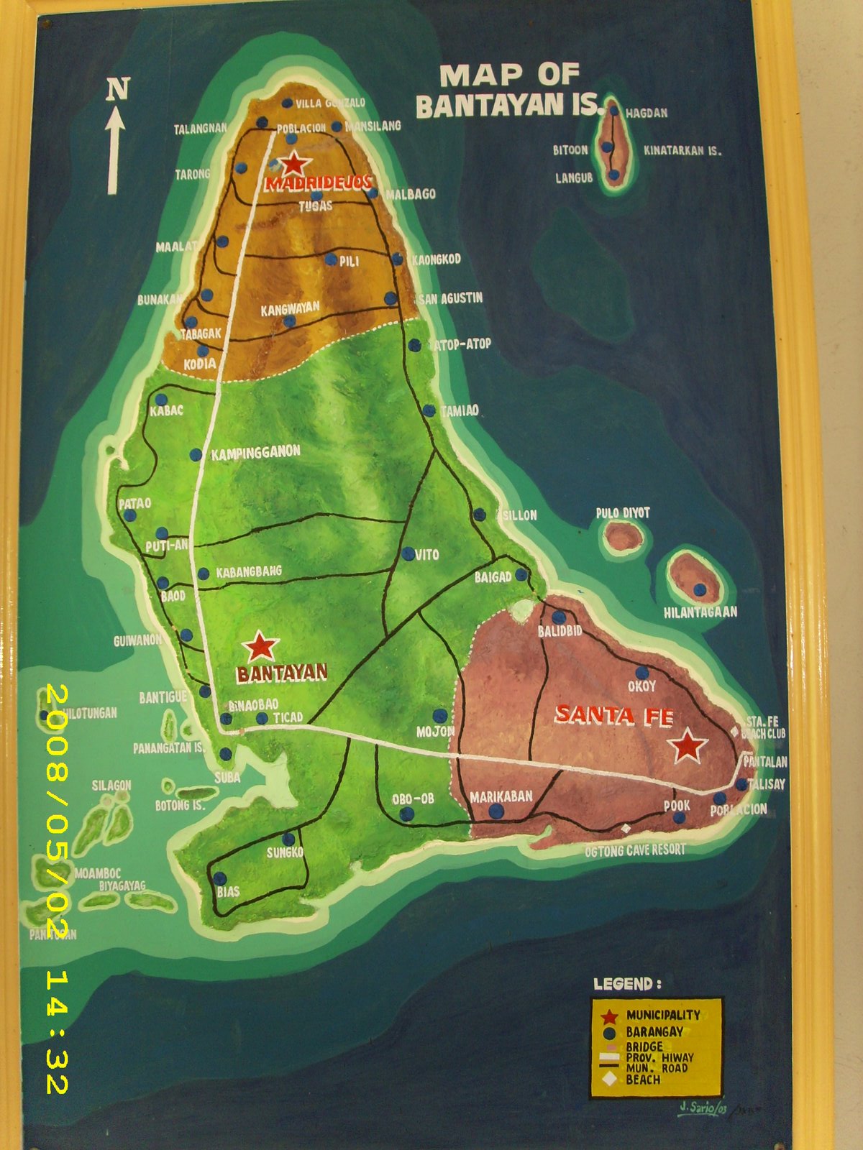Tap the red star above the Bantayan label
pyautogui.click(x=260, y=647)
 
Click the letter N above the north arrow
pyautogui.click(x=117, y=89)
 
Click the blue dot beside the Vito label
pyautogui.click(x=408, y=554)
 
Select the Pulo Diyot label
pyautogui.click(x=623, y=513)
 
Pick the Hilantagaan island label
pyautogui.click(x=700, y=612)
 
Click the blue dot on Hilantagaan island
pyautogui.click(x=699, y=590)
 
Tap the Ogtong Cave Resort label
pyautogui.click(x=634, y=850)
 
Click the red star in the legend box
pyautogui.click(x=610, y=1016)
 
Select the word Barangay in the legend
pyautogui.click(x=654, y=1031)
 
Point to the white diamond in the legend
pyautogui.click(x=610, y=1079)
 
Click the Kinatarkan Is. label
pyautogui.click(x=682, y=151)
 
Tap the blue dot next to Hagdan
pyautogui.click(x=613, y=111)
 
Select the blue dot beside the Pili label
pyautogui.click(x=331, y=259)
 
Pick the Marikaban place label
pyautogui.click(x=501, y=796)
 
